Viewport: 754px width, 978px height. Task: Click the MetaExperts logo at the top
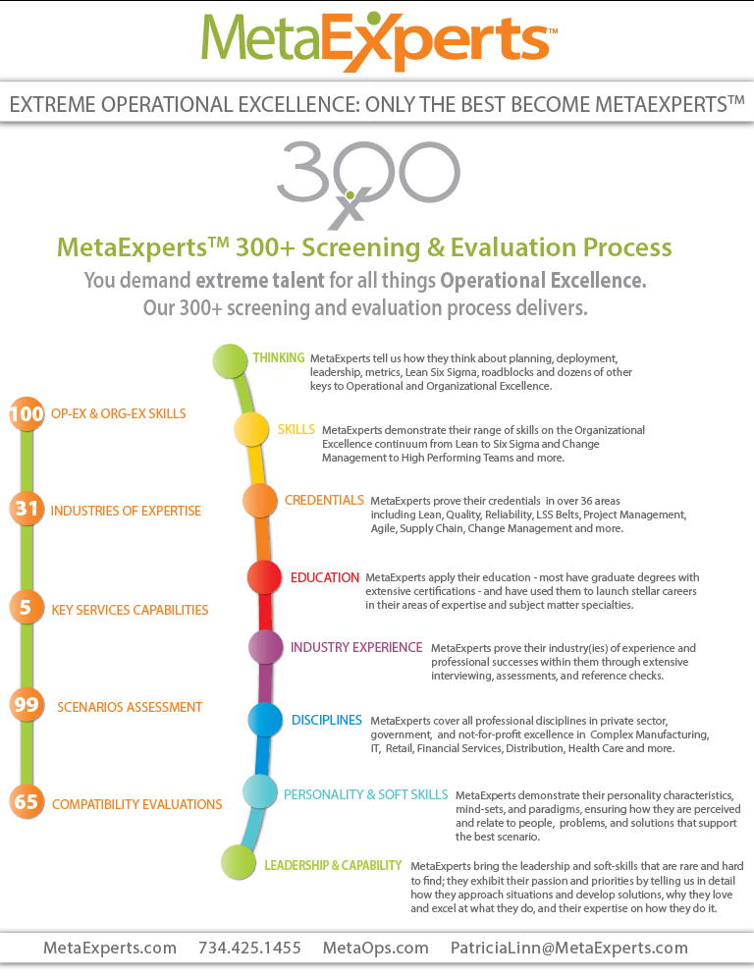[x=377, y=40]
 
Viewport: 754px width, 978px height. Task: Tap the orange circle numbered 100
[x=27, y=414]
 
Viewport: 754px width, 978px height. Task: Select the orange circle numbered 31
[x=27, y=510]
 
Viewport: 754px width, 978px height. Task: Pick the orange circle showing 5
[x=27, y=608]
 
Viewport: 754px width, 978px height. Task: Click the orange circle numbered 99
[x=27, y=705]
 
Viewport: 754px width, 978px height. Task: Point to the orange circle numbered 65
[x=27, y=802]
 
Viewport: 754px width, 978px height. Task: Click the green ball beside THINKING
[x=231, y=361]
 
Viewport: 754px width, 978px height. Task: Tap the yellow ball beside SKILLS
[x=251, y=430]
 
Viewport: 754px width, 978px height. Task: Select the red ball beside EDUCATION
[x=264, y=577]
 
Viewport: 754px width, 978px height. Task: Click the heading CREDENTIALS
[x=324, y=501]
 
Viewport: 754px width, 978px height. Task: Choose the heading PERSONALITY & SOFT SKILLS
[x=365, y=794]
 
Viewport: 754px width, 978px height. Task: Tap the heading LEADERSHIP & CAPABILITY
[x=333, y=865]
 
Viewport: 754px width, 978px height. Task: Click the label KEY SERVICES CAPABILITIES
[x=130, y=610]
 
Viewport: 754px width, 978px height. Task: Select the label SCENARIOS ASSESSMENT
[x=129, y=707]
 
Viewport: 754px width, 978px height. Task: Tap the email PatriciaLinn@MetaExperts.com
[x=568, y=948]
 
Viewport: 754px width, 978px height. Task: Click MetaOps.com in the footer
[x=375, y=948]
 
